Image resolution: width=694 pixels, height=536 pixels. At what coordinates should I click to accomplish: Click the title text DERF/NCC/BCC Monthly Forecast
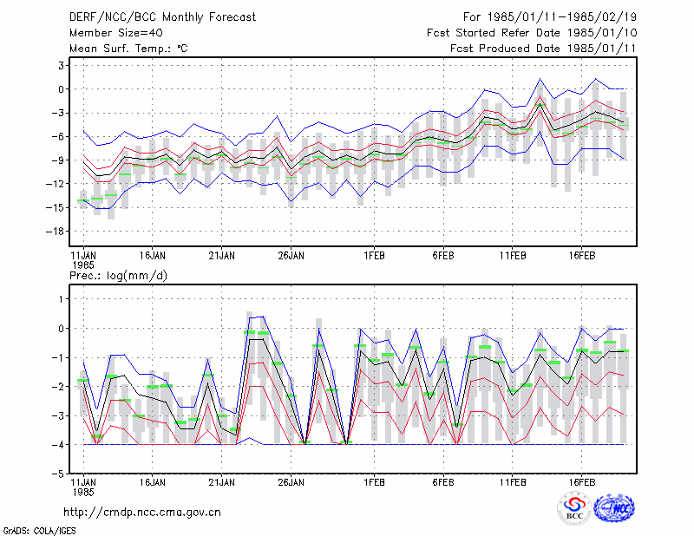tap(162, 17)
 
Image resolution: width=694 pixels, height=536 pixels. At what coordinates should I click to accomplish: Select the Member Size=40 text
tap(116, 33)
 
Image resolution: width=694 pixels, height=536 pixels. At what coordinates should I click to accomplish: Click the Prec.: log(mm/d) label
tap(118, 276)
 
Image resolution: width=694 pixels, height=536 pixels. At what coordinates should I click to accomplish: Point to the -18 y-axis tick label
tap(55, 231)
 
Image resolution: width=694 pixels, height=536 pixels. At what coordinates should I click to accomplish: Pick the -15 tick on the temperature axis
tap(55, 207)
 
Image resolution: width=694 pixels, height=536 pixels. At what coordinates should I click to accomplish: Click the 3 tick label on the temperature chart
tap(61, 66)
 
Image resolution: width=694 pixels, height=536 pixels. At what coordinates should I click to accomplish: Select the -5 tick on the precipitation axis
tap(57, 474)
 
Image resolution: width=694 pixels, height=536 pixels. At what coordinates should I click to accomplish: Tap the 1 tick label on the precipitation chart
tap(61, 299)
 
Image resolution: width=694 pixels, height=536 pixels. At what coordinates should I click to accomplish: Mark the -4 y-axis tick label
tap(57, 445)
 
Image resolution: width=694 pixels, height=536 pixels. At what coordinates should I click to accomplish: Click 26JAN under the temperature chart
tap(291, 256)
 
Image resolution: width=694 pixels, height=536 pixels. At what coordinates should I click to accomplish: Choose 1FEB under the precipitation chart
tap(374, 482)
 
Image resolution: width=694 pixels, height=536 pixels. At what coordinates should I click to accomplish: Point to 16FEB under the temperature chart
tap(581, 256)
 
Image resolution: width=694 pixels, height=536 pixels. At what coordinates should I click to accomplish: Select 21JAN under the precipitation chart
tap(221, 482)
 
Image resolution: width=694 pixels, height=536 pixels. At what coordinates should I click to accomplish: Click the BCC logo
tap(574, 509)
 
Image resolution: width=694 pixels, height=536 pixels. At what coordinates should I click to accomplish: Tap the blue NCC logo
tap(614, 508)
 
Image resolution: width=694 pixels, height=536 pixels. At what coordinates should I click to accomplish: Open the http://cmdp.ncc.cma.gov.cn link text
tap(142, 513)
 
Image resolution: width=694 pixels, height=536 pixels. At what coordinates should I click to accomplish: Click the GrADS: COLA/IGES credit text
tap(39, 531)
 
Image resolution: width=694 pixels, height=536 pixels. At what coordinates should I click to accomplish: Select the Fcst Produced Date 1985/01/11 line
tap(543, 49)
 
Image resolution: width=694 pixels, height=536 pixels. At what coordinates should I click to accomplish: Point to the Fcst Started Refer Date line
tap(532, 33)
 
